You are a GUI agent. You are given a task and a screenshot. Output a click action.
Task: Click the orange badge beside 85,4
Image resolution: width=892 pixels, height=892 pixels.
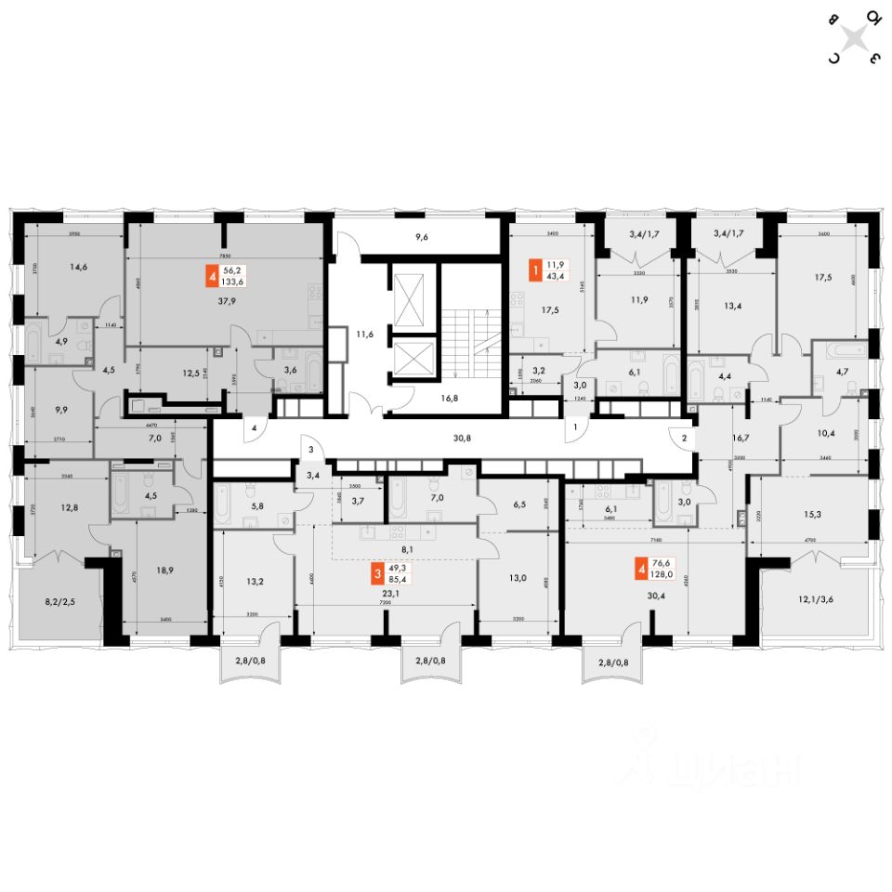click(377, 573)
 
